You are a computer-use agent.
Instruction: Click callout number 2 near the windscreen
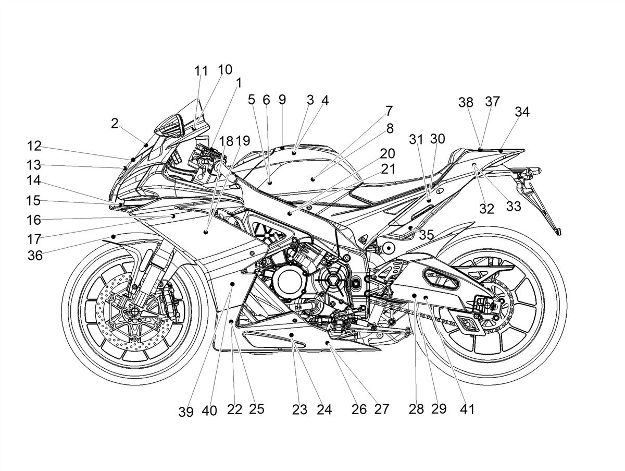(x=115, y=123)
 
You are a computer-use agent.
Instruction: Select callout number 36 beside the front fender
(x=35, y=256)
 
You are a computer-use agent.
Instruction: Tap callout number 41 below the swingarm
(x=467, y=409)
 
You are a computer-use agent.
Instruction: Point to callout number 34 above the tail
(x=522, y=112)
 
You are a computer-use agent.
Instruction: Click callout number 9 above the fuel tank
(x=282, y=100)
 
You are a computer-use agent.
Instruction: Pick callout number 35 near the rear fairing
(x=427, y=235)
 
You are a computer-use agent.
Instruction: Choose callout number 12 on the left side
(x=34, y=146)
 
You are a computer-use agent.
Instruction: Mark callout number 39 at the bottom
(x=186, y=412)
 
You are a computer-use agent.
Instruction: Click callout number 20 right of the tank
(x=387, y=154)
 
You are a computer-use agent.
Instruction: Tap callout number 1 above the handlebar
(x=239, y=83)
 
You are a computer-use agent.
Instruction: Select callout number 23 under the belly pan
(x=299, y=410)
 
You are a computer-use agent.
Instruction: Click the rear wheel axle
(x=488, y=306)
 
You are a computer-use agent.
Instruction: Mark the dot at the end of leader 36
(x=114, y=236)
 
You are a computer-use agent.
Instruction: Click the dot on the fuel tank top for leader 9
(x=282, y=148)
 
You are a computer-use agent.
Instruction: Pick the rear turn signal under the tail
(x=530, y=172)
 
